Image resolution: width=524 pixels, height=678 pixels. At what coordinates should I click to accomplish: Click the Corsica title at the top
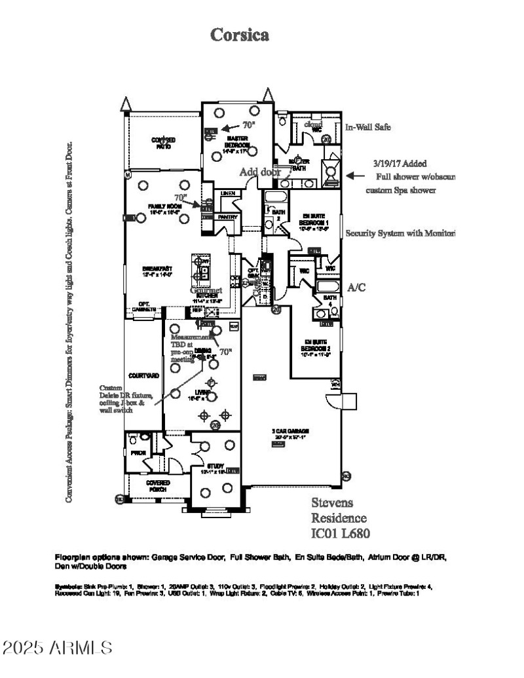239,35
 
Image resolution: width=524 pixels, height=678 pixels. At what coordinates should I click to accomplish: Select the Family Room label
161,208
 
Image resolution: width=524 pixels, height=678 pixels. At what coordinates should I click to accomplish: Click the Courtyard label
143,376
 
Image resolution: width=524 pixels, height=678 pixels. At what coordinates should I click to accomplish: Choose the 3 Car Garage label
278,433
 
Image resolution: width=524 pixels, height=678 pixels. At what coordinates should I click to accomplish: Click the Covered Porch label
158,485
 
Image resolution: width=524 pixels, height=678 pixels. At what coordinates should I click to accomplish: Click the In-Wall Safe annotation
367,128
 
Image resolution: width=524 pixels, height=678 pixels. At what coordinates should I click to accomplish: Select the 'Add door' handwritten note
260,172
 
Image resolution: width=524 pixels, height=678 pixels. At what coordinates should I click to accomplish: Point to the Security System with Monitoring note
400,233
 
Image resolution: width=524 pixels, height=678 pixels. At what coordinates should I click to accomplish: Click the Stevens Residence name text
338,511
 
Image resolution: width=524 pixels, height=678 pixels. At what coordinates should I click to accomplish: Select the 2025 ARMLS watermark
57,649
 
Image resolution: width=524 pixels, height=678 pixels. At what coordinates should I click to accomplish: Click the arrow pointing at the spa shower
354,176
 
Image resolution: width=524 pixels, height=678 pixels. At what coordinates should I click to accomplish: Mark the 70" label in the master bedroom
248,124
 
